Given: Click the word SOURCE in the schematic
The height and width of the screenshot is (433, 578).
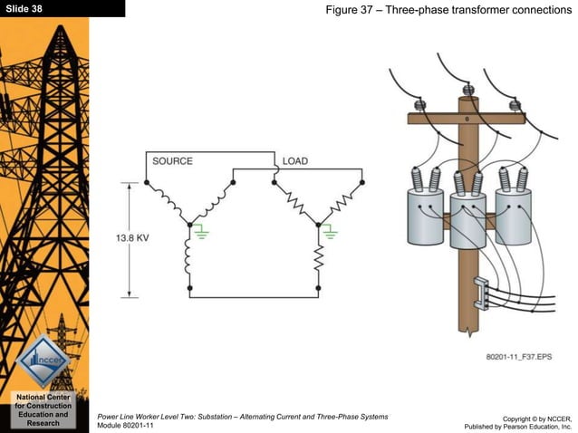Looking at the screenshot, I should coord(172,161).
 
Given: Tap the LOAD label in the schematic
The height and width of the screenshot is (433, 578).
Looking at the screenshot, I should coord(294,161).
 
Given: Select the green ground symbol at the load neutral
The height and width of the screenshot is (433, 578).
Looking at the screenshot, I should coord(332,233).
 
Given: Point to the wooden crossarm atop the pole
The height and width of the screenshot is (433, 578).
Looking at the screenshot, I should coord(467,118).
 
